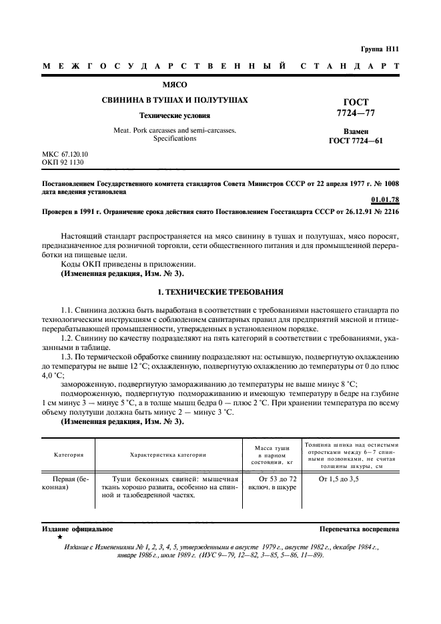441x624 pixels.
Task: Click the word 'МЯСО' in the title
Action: pos(175,85)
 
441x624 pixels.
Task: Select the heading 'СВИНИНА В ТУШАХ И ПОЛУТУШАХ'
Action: pos(175,100)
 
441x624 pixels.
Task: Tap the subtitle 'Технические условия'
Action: pos(175,116)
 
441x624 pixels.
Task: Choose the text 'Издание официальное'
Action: pos(77,529)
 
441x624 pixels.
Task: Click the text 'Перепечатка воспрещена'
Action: pos(359,529)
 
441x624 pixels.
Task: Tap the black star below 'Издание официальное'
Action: pos(60,537)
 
